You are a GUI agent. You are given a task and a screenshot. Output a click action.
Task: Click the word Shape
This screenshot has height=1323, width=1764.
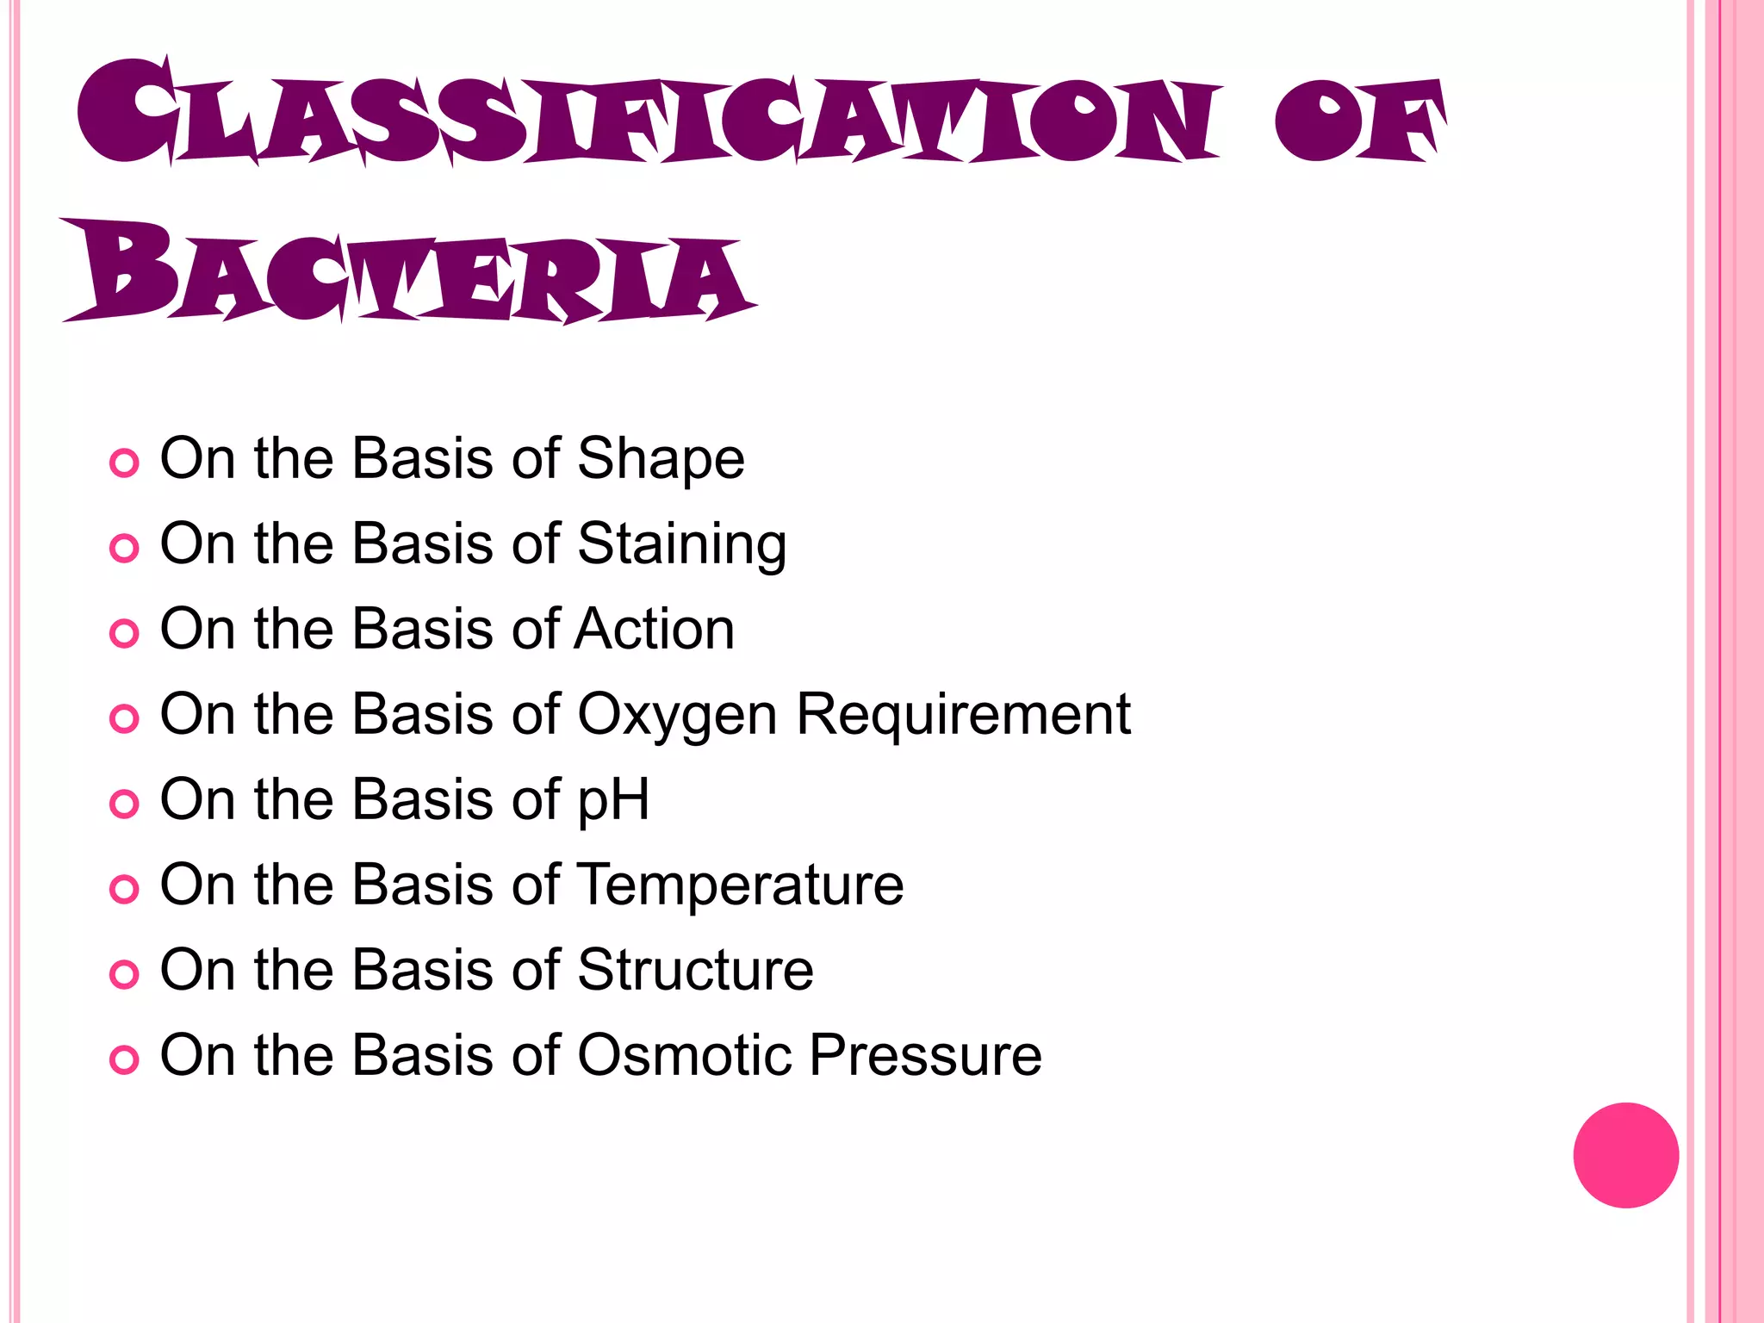click(661, 458)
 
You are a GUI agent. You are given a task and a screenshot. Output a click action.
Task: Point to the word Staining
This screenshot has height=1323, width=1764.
click(681, 544)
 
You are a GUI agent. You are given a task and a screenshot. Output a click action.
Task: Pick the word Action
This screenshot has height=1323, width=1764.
click(655, 629)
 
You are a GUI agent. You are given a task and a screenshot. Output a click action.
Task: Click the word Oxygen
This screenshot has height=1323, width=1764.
click(677, 715)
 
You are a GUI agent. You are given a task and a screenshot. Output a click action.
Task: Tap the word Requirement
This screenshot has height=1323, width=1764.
click(963, 714)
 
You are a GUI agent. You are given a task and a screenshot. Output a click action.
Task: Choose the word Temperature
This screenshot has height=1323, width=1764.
click(740, 885)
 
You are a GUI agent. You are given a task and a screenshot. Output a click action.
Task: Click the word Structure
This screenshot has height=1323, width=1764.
click(695, 970)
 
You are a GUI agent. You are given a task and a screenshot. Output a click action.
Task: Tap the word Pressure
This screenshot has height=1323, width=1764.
click(926, 1055)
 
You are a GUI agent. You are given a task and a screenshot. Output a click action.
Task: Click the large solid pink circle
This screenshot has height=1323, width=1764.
click(1625, 1155)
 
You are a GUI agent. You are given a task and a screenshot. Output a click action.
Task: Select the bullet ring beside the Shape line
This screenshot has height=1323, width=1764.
click(124, 463)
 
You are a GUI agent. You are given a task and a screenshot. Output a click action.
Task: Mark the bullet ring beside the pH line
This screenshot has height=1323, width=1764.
click(124, 804)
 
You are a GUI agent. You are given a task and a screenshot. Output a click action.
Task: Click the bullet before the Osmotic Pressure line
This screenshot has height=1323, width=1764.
click(124, 1060)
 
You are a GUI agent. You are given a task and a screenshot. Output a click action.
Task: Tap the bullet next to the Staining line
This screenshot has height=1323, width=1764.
click(124, 549)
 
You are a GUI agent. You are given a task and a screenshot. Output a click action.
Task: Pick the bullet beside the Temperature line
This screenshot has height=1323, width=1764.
click(124, 890)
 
